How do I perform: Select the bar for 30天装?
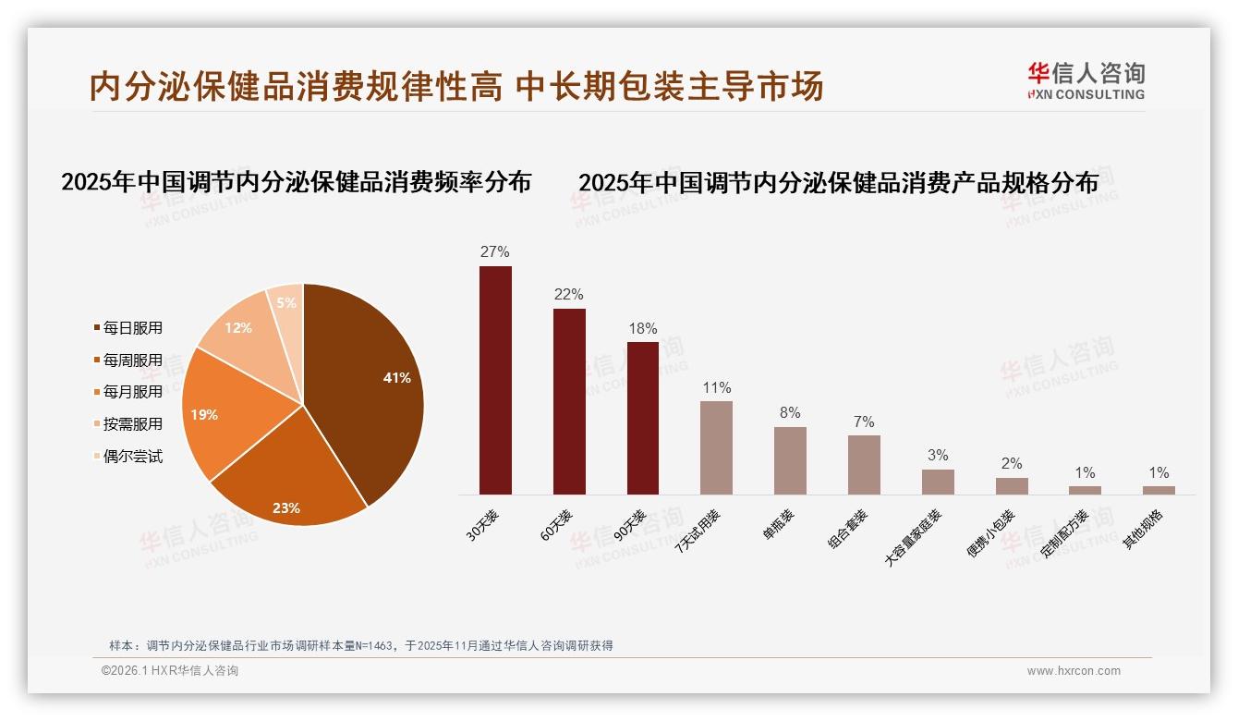click(495, 379)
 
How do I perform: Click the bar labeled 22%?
click(569, 402)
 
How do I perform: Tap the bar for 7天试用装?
click(716, 448)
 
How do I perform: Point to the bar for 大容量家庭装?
click(938, 483)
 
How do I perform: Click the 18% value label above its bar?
click(643, 329)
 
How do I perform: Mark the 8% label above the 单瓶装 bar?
click(790, 413)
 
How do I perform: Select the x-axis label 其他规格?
click(1143, 530)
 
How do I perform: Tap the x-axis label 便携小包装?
click(990, 533)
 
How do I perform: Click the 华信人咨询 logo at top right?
click(1086, 80)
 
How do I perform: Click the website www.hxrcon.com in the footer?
click(1074, 671)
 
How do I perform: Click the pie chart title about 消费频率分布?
click(296, 183)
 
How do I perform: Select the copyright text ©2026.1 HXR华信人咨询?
click(170, 671)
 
